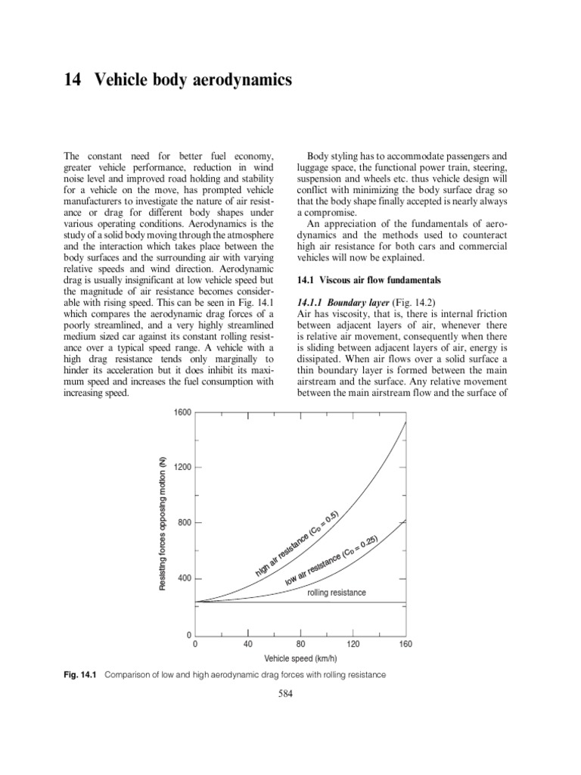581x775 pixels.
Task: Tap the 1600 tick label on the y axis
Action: pos(182,412)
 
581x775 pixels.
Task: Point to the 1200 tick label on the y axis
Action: pos(182,468)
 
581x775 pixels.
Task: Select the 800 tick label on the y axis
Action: pos(185,523)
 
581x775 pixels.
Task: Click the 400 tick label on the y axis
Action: pos(185,579)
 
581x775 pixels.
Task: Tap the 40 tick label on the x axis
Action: pos(247,644)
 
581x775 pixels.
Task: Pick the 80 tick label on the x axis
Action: pos(300,644)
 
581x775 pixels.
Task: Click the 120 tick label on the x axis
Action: pos(353,644)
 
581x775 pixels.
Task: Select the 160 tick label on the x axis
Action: pos(405,644)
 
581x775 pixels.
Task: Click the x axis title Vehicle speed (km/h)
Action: pos(300,659)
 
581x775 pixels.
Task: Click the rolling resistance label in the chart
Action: pos(336,593)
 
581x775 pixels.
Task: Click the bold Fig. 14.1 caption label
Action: pos(80,674)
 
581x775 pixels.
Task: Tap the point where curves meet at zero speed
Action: pos(195,602)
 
